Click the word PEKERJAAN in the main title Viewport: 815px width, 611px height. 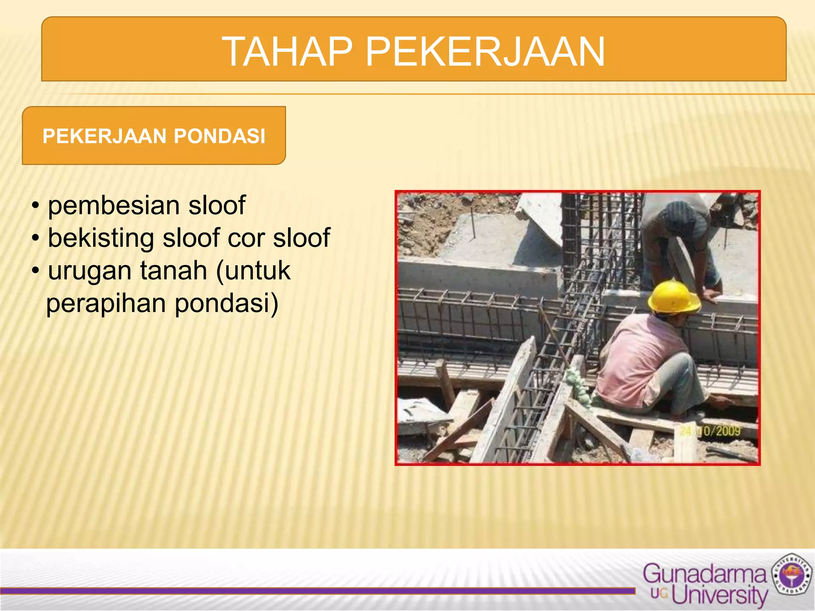pyautogui.click(x=485, y=52)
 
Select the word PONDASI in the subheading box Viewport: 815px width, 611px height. pyautogui.click(x=219, y=136)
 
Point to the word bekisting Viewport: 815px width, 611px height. pyautogui.click(x=101, y=238)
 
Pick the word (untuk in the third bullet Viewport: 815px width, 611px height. pyautogui.click(x=253, y=271)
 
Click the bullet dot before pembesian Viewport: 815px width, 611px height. pyautogui.click(x=36, y=206)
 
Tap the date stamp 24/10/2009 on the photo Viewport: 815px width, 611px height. pyautogui.click(x=710, y=431)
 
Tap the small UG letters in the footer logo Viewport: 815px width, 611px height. pyautogui.click(x=659, y=594)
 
